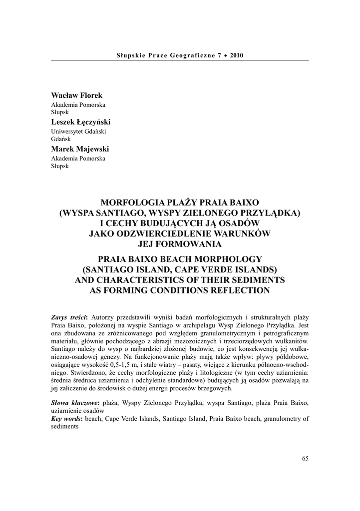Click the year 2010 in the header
click(x=237, y=55)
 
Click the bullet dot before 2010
click(x=225, y=55)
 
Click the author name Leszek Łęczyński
click(x=81, y=122)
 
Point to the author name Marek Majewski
click(x=80, y=149)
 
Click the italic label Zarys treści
click(x=69, y=317)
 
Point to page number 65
click(x=305, y=458)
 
